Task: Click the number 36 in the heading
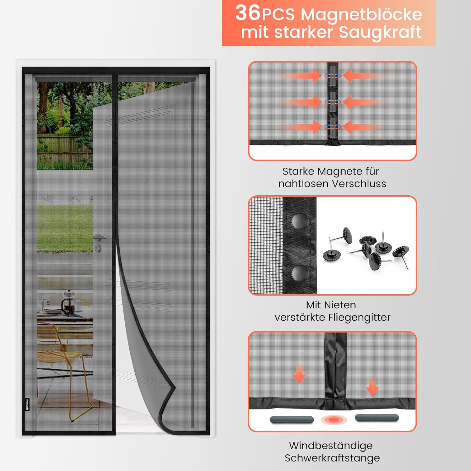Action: click(247, 13)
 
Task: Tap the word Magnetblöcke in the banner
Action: click(361, 14)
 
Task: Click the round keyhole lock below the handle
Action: click(98, 248)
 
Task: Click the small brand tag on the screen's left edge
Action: click(27, 404)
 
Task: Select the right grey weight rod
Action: click(376, 418)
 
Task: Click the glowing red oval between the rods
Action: click(333, 420)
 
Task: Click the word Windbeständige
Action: click(331, 446)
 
